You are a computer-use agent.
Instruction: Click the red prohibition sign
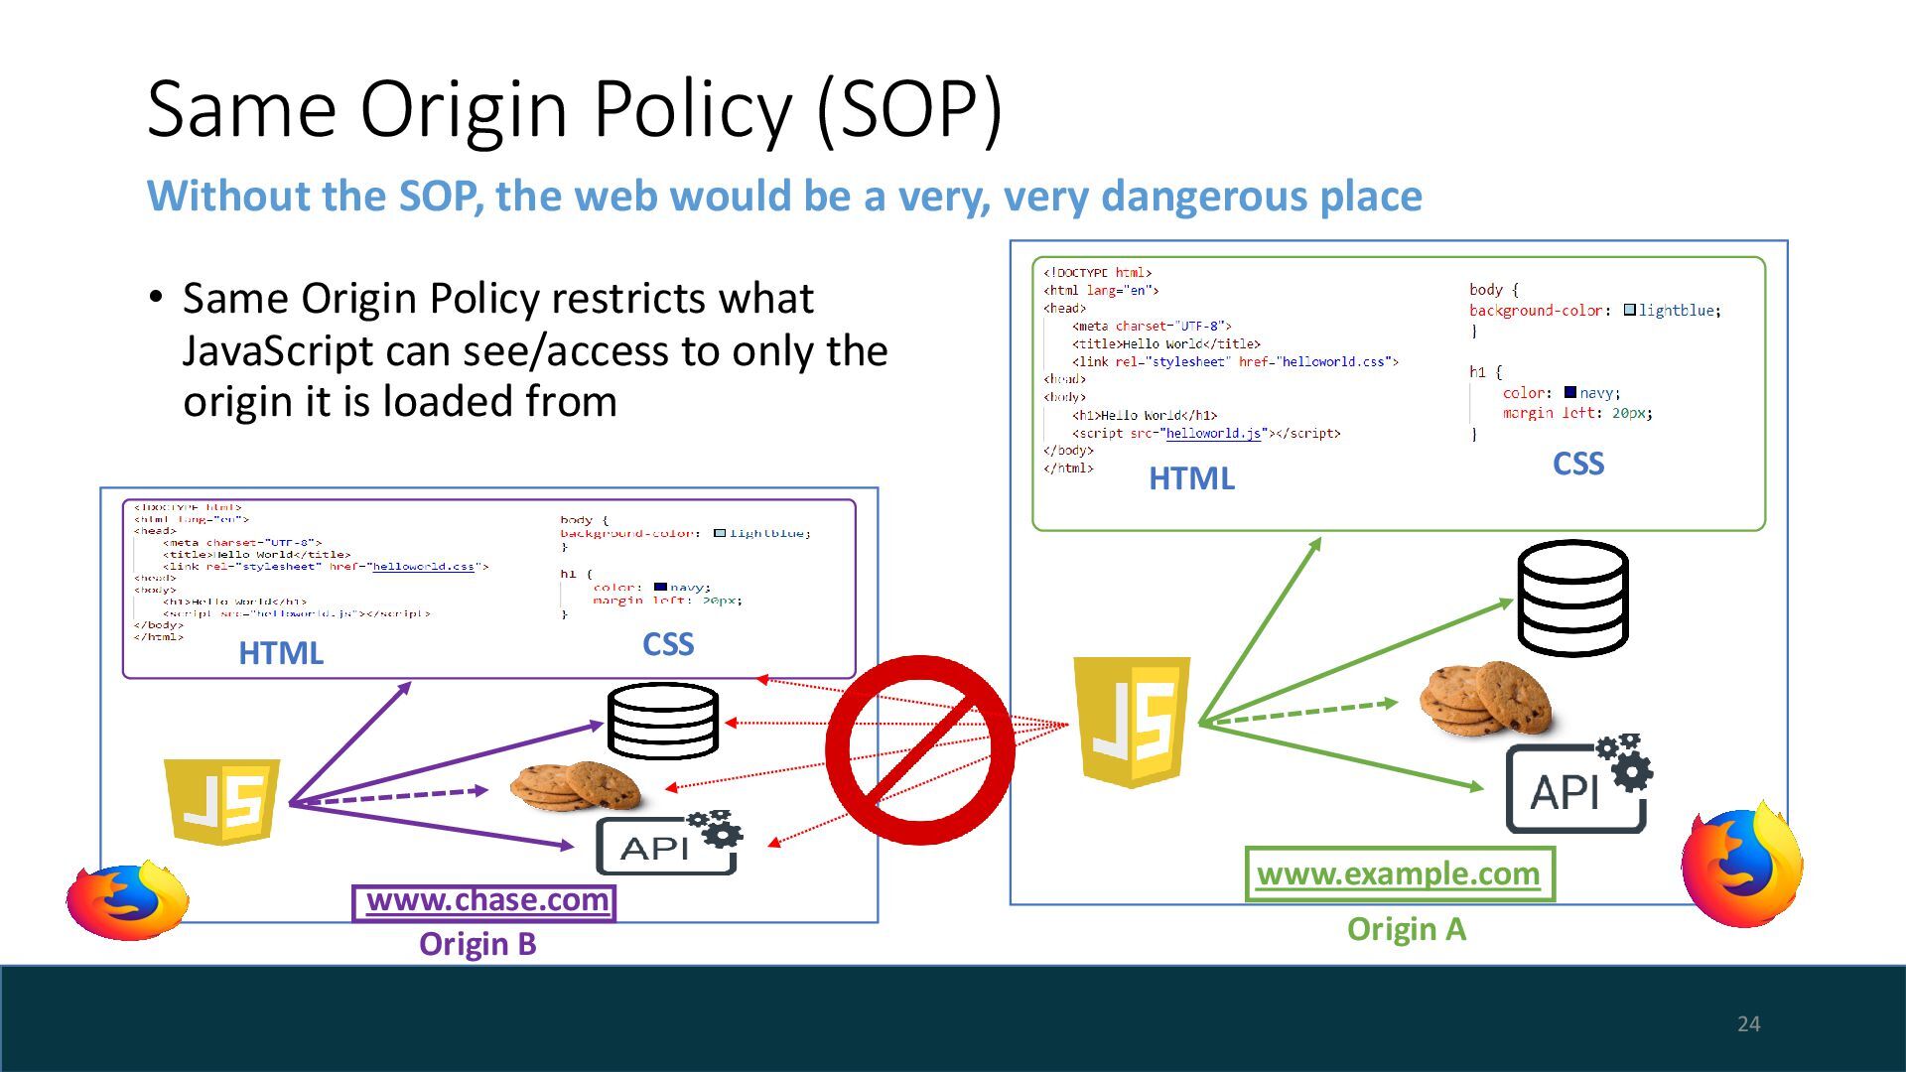(x=919, y=749)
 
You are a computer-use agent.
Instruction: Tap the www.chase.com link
(x=485, y=901)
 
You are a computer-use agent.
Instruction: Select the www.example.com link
(x=1398, y=874)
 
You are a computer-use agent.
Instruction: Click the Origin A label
(x=1406, y=929)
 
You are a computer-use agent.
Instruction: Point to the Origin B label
(x=477, y=944)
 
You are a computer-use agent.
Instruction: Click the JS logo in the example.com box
(x=1132, y=720)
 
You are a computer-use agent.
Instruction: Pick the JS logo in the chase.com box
(x=222, y=801)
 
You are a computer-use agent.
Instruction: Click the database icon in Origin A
(x=1572, y=598)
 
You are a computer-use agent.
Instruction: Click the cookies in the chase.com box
(x=576, y=786)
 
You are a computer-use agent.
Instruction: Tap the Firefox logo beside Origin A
(x=1742, y=866)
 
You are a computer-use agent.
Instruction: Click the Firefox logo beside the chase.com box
(x=128, y=900)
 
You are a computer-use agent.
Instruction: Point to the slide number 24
(x=1748, y=1024)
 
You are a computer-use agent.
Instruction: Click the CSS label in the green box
(x=1577, y=465)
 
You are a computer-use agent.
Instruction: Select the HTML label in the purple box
(x=281, y=653)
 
